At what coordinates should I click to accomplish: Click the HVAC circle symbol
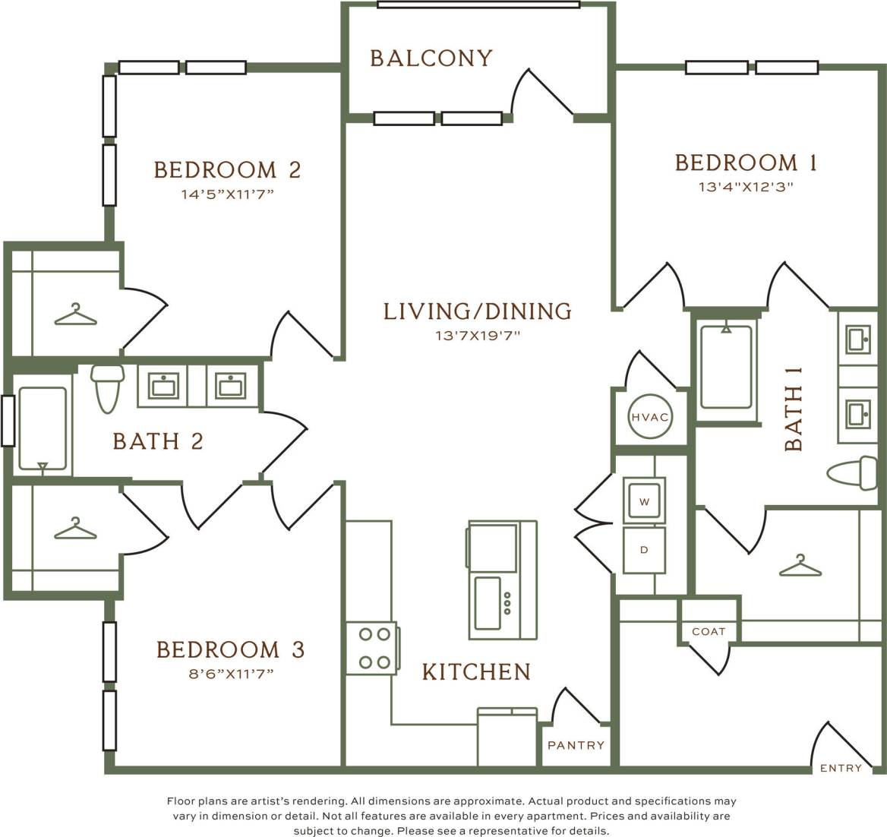[649, 416]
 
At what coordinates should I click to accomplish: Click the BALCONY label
[431, 58]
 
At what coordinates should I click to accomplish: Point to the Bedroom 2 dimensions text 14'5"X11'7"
[226, 194]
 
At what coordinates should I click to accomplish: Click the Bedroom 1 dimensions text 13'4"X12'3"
[746, 186]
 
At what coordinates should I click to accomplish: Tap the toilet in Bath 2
[107, 386]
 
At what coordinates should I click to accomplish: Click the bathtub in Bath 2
[43, 430]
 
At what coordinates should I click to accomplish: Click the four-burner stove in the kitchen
[372, 648]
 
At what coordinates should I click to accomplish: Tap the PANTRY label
[576, 745]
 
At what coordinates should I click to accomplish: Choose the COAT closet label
[708, 631]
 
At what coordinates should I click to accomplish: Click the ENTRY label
[841, 768]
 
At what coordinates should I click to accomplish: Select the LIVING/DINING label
[477, 311]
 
